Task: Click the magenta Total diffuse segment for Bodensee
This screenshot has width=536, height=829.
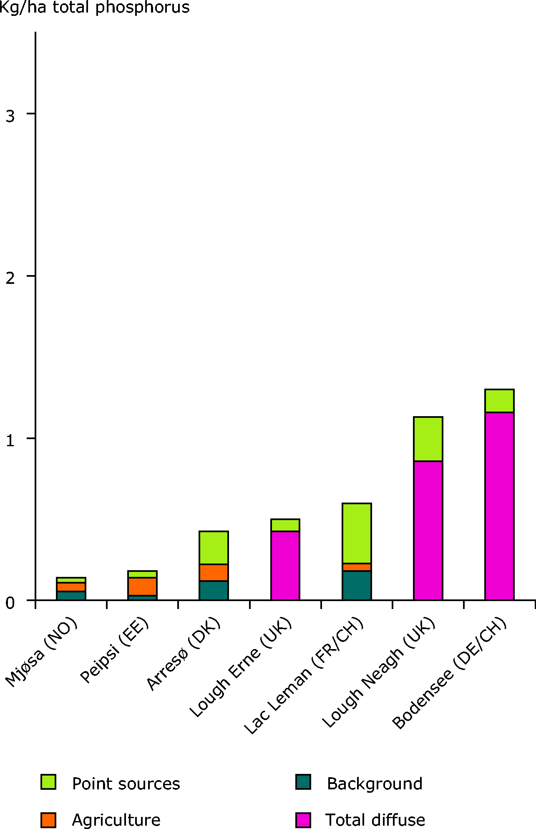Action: pyautogui.click(x=499, y=506)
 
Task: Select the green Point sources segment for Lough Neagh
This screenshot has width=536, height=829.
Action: pyautogui.click(x=428, y=439)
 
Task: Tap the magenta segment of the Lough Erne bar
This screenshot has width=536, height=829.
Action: pyautogui.click(x=285, y=565)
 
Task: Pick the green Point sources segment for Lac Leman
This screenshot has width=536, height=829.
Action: pyautogui.click(x=357, y=533)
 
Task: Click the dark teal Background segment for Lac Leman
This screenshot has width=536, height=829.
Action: pyautogui.click(x=357, y=585)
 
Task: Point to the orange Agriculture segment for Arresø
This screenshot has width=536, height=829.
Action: pyautogui.click(x=214, y=572)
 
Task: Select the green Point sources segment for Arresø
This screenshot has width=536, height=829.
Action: pyautogui.click(x=214, y=548)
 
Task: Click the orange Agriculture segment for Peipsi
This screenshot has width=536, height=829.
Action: pyautogui.click(x=142, y=586)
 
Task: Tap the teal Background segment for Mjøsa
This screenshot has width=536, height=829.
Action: pyautogui.click(x=71, y=596)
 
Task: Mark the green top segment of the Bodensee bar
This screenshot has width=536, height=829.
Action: pyautogui.click(x=499, y=401)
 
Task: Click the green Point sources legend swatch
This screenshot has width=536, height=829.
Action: pyautogui.click(x=48, y=782)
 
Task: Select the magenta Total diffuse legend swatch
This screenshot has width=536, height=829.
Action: pyautogui.click(x=303, y=820)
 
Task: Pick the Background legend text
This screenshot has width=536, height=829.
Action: pyautogui.click(x=374, y=784)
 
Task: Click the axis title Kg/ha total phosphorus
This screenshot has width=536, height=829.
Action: pyautogui.click(x=95, y=8)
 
